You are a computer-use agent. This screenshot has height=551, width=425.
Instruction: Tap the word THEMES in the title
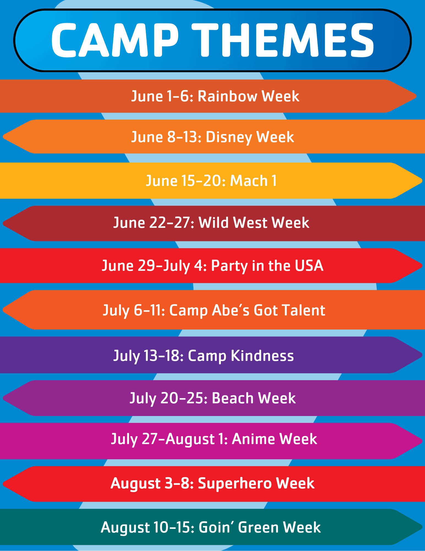coord(283,40)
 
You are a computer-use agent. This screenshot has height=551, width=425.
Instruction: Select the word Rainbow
coord(227,96)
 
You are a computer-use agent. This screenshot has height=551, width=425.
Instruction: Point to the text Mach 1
coord(253,181)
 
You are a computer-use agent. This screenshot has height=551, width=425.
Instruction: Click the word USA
coord(309,266)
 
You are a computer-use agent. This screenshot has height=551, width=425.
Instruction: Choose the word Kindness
coord(262,355)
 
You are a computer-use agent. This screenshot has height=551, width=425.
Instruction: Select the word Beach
coord(233,398)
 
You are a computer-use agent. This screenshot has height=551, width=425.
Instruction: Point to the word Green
coord(259,527)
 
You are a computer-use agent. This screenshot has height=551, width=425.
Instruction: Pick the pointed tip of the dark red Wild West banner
coord(3,223)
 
